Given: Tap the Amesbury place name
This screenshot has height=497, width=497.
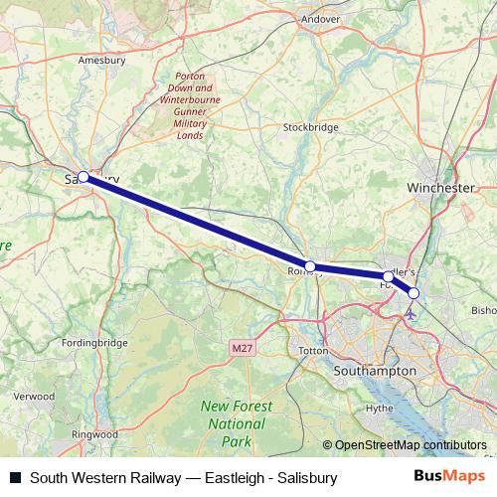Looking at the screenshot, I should [102, 60].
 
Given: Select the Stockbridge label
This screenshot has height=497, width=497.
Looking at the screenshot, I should [311, 127].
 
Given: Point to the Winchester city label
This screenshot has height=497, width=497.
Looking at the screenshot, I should [440, 187].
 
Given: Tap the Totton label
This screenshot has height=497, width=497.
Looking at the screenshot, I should [313, 352].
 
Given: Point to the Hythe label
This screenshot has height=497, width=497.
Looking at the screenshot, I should [381, 408].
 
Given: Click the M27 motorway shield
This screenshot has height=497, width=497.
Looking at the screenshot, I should [240, 347].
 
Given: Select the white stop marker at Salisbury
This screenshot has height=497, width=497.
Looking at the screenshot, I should [83, 177].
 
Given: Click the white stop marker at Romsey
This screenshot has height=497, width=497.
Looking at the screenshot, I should [310, 266].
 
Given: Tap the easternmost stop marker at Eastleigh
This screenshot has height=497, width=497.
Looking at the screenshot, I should [414, 292].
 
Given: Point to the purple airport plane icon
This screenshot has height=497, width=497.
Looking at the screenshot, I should [412, 312].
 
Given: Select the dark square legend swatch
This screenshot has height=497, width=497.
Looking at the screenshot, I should [15, 478].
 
